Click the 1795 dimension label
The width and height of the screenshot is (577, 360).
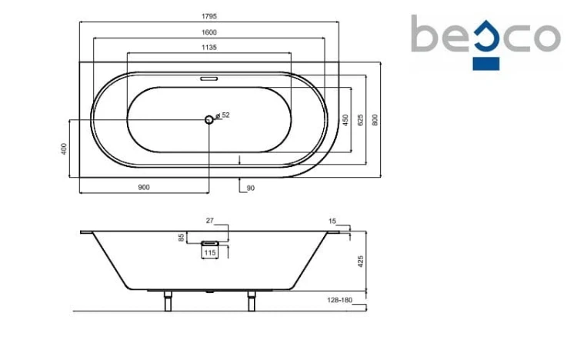[x=209, y=16]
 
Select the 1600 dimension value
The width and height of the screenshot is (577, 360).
[x=209, y=32]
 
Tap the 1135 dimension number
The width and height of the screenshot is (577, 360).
[x=209, y=48]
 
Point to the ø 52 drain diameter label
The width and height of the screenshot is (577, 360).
[x=222, y=115]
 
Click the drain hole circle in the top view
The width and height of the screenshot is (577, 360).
[x=209, y=120]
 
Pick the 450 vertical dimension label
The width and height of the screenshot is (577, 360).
[x=345, y=120]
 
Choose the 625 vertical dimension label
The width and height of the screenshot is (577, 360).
[x=360, y=120]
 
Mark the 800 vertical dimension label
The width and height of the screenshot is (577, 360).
[x=375, y=120]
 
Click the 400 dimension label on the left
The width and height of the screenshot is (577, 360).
[x=64, y=148]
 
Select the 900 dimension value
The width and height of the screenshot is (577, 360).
[x=144, y=188]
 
